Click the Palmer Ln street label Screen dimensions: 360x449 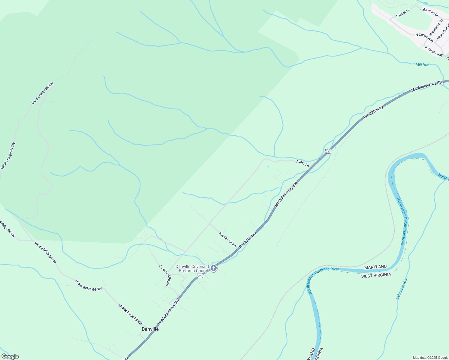point(403,13)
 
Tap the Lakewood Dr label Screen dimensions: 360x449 point(429,12)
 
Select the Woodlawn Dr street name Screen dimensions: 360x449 point(436,27)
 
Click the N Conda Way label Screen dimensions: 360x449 point(424,37)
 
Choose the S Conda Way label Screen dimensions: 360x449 point(434,51)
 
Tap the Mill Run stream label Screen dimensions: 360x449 point(422,64)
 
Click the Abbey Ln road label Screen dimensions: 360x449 point(302,163)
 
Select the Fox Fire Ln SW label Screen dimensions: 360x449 point(228,239)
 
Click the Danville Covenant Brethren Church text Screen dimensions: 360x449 point(192,268)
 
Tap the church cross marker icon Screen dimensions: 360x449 point(213,268)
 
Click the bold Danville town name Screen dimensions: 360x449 point(150,329)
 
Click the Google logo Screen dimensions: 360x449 point(10,356)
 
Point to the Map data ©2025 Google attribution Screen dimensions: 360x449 point(430,358)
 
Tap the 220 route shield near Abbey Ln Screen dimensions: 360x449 point(328,151)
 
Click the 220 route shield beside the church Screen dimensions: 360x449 point(200,276)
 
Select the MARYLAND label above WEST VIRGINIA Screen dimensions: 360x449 point(375,267)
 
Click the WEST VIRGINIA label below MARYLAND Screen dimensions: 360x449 point(376,275)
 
